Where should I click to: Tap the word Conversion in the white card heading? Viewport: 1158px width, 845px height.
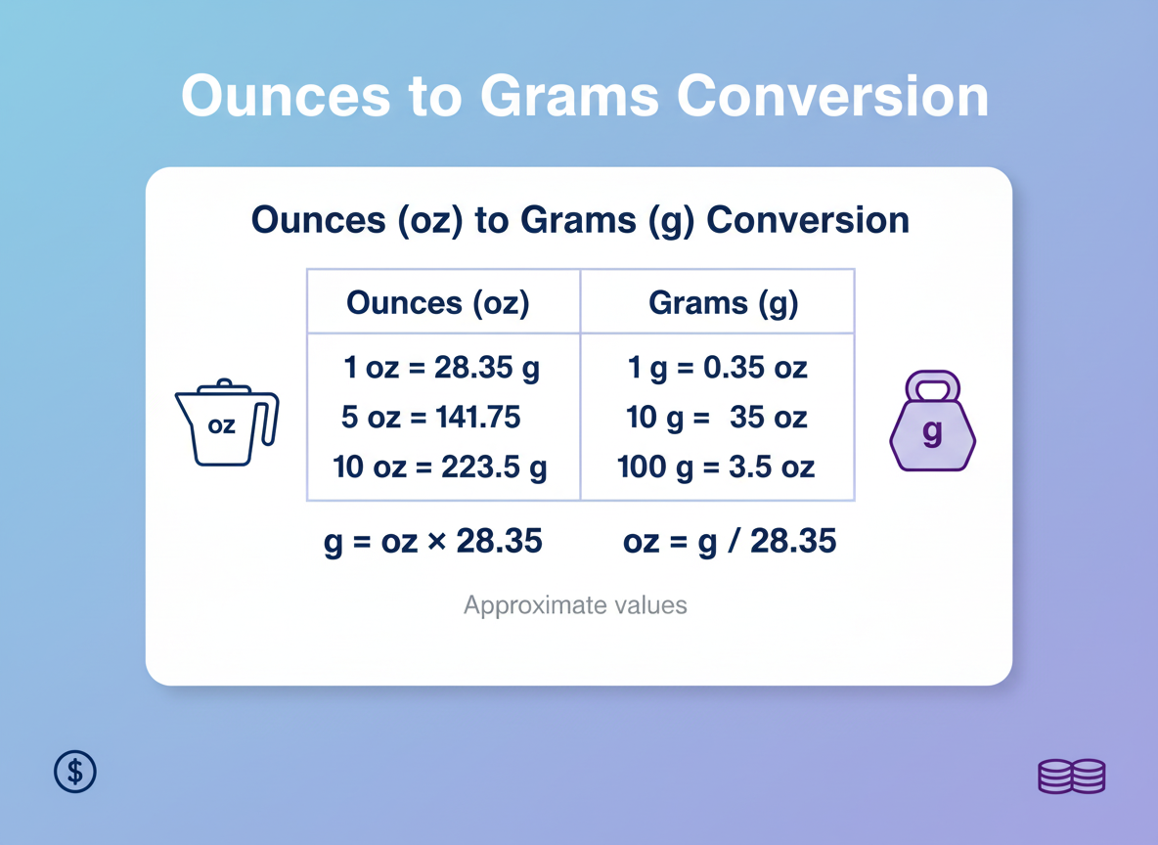pyautogui.click(x=807, y=219)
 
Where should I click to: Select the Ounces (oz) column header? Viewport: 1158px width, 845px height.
pyautogui.click(x=437, y=303)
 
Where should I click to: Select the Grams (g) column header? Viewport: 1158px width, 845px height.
pyautogui.click(x=723, y=303)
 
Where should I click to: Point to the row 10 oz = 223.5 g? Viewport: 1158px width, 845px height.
pyautogui.click(x=439, y=467)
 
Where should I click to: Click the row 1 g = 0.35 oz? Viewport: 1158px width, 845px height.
pyautogui.click(x=717, y=369)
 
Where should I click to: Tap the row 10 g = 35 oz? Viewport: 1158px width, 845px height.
pyautogui.click(x=717, y=418)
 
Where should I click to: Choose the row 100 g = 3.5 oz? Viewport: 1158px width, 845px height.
pyautogui.click(x=716, y=467)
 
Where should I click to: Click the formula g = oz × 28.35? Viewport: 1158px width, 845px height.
pyautogui.click(x=433, y=541)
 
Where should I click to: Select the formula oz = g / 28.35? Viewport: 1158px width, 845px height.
pyautogui.click(x=730, y=541)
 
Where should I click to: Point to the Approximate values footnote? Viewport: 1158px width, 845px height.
pyautogui.click(x=575, y=605)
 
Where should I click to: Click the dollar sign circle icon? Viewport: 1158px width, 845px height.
pyautogui.click(x=75, y=772)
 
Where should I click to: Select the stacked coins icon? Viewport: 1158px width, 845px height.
pyautogui.click(x=1071, y=776)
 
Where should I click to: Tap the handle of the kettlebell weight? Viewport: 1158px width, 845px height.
pyautogui.click(x=933, y=383)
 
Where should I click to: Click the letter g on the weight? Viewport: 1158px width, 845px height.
pyautogui.click(x=933, y=431)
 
